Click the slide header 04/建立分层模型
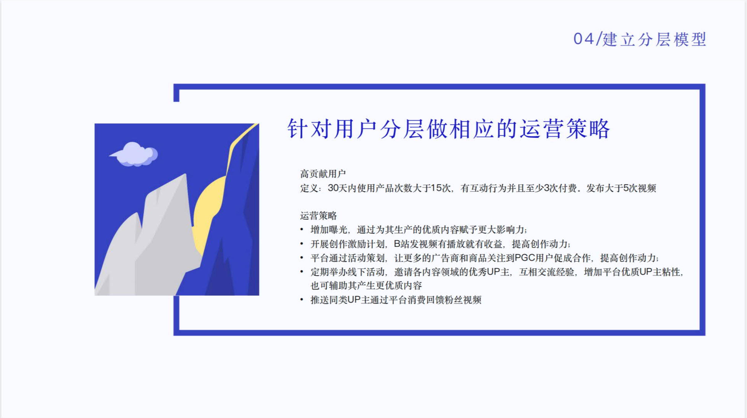(640, 39)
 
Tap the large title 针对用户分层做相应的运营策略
(449, 129)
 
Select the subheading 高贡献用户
(323, 174)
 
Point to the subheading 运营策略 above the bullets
(318, 216)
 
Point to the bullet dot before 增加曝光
(302, 230)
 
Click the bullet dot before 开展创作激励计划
(302, 244)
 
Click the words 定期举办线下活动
(347, 272)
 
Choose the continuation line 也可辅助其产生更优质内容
(366, 286)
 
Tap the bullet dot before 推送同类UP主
(302, 300)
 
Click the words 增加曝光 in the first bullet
(329, 230)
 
